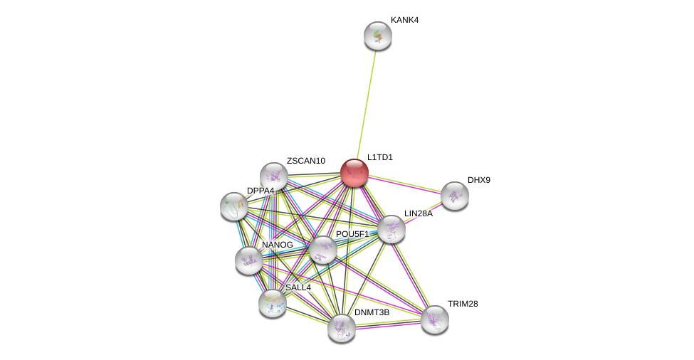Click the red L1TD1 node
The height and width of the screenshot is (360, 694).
[354, 173]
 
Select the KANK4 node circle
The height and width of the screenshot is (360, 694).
[378, 36]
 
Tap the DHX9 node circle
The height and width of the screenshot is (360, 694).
[454, 196]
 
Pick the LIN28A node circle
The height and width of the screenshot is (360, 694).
[391, 229]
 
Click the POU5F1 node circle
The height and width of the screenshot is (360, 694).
[322, 250]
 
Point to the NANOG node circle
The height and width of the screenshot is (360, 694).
[249, 260]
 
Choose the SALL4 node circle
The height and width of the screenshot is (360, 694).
[273, 303]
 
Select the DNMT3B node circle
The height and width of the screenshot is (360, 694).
[342, 328]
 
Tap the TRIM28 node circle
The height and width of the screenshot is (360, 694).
[435, 319]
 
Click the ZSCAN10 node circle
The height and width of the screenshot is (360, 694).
[274, 176]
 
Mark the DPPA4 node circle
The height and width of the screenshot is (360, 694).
[234, 206]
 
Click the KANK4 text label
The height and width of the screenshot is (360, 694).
[404, 20]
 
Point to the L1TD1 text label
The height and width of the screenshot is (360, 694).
[379, 157]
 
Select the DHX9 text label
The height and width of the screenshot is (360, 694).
[478, 180]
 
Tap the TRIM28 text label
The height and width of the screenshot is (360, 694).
[463, 304]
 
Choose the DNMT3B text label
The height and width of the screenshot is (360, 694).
[372, 312]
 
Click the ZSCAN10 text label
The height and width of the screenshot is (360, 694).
[305, 161]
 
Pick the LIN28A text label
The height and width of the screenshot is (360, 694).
[418, 213]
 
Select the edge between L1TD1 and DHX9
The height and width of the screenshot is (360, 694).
[404, 184]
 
